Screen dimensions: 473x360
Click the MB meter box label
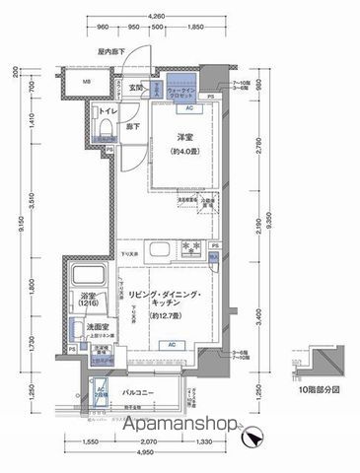click(x=86, y=81)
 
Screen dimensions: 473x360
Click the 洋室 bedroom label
click(x=184, y=137)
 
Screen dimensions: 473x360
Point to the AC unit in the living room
click(x=171, y=345)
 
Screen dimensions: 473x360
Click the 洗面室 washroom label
click(x=84, y=326)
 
